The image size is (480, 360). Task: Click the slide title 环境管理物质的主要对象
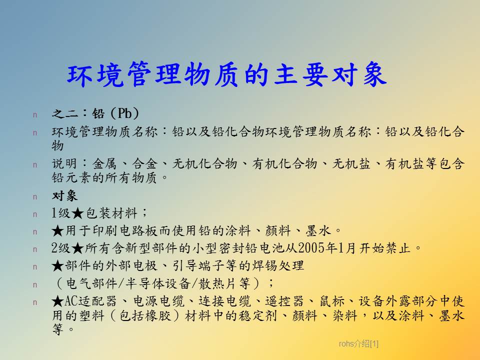[227, 74]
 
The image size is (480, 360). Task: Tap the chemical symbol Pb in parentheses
[125, 113]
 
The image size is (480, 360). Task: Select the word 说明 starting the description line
[64, 163]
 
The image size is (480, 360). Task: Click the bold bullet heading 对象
[64, 196]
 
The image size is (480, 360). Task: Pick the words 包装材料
[111, 213]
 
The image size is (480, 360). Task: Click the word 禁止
[397, 248]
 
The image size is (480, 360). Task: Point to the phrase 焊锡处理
[278, 265]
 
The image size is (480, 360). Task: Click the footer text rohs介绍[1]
[358, 344]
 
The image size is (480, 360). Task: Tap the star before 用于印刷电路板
[57, 231]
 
